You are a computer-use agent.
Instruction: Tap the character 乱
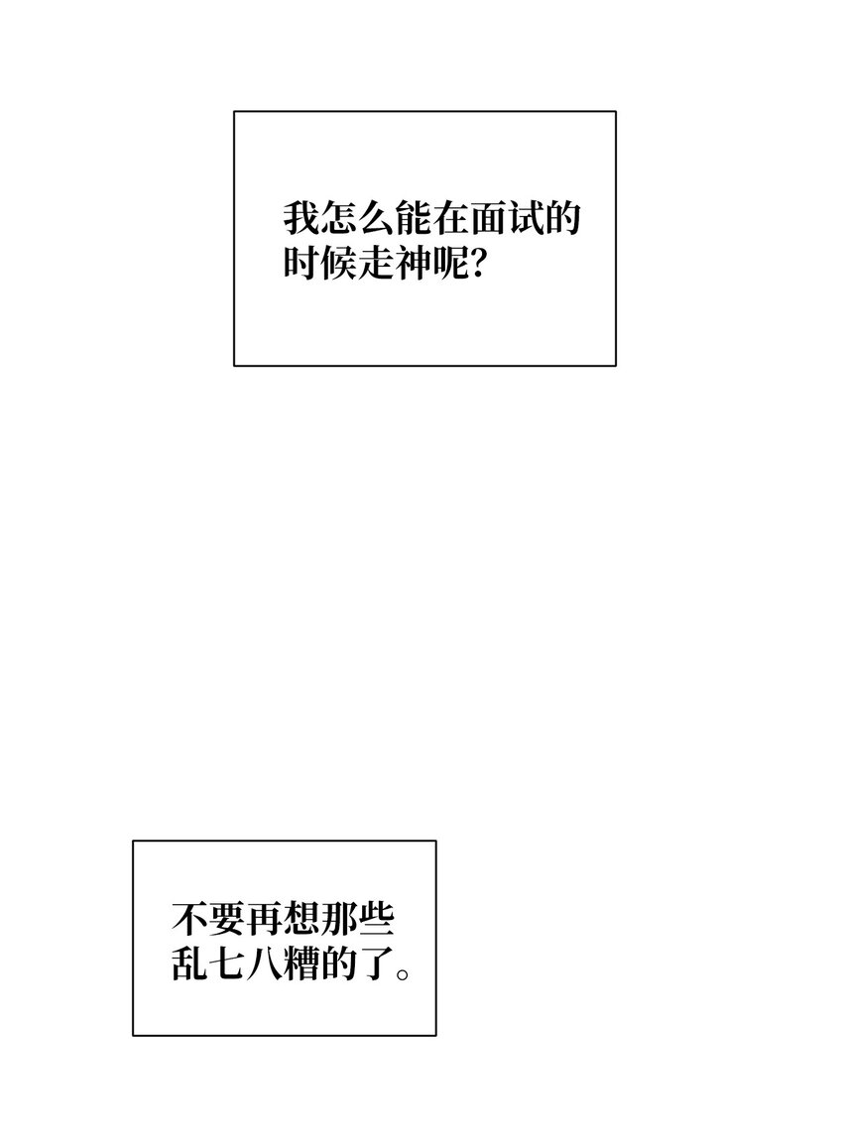[189, 963]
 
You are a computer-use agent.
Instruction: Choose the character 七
[227, 963]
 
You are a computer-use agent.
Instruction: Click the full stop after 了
[404, 973]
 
